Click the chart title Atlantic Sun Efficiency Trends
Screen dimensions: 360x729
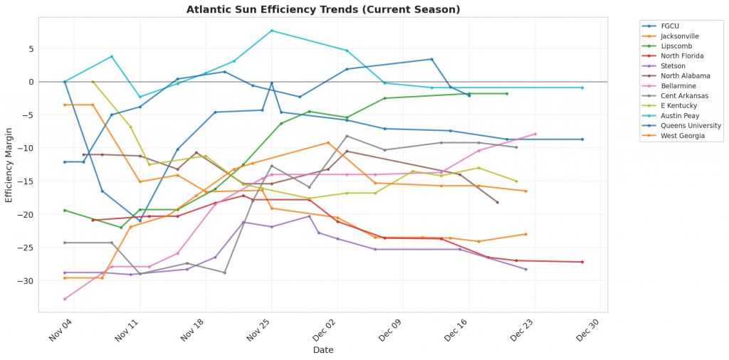(x=323, y=9)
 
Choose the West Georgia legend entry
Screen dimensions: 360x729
(x=678, y=135)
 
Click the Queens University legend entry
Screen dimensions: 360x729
(x=686, y=125)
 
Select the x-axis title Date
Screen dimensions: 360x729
(x=324, y=350)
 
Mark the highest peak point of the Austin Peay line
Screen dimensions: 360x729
(x=272, y=31)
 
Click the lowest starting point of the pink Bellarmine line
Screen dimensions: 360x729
(x=65, y=299)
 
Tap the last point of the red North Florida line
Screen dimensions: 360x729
(x=582, y=262)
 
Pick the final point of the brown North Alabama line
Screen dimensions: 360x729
(x=497, y=203)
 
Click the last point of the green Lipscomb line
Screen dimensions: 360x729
(x=507, y=93)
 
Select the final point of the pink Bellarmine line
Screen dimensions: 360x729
(x=535, y=134)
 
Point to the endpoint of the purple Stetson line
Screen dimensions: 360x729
(x=525, y=269)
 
